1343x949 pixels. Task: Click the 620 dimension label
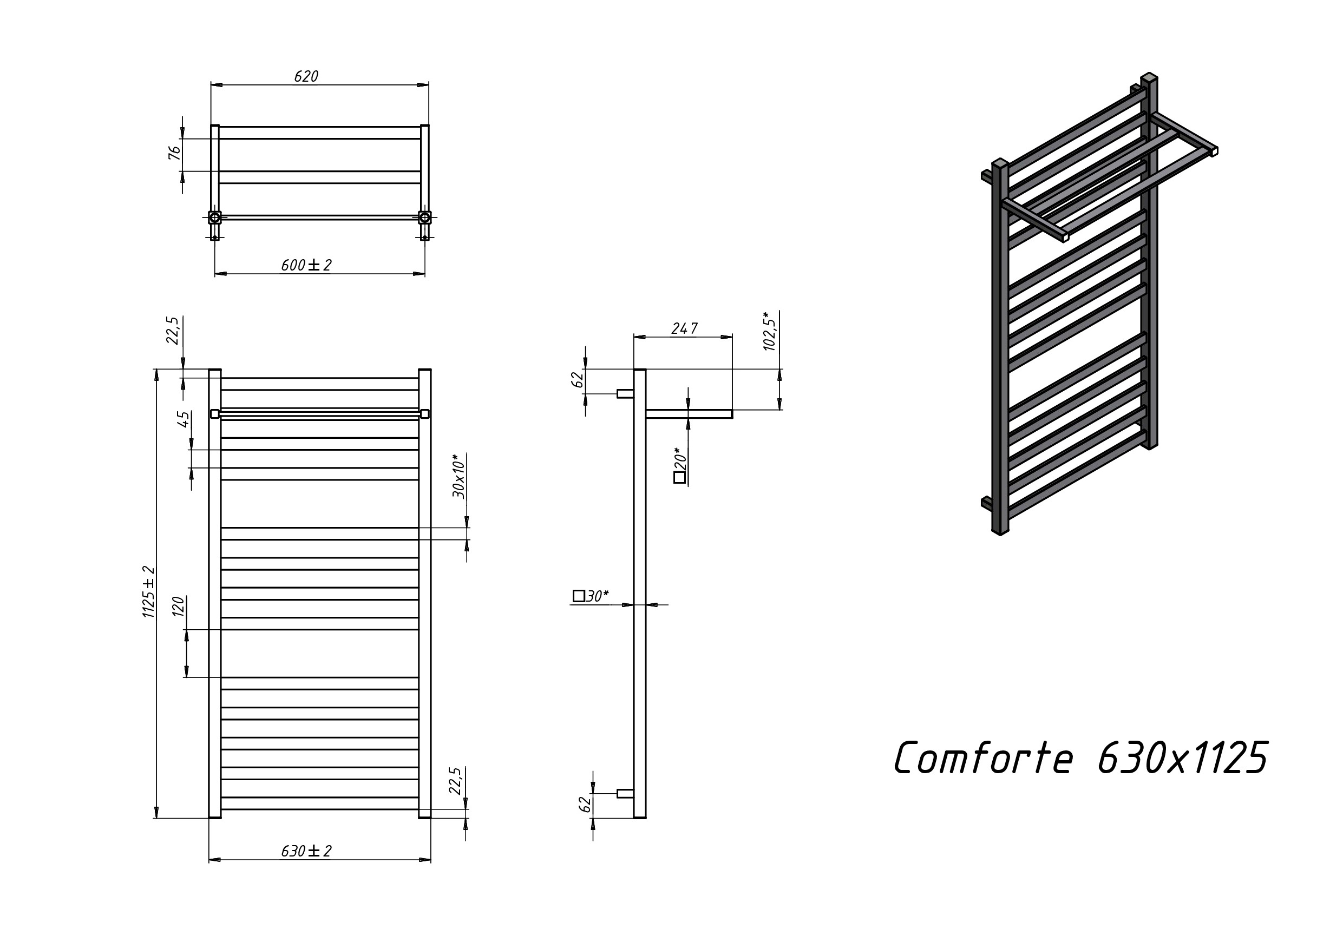(306, 77)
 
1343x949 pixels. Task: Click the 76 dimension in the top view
(175, 153)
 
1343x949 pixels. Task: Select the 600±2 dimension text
(306, 266)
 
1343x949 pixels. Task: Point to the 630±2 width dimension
(306, 852)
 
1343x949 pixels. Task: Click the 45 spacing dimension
(184, 419)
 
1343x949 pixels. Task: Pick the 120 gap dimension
(179, 607)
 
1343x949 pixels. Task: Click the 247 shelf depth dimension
(684, 328)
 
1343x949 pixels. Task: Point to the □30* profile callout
(591, 596)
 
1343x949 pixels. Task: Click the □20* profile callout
(680, 465)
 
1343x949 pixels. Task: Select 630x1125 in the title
(1183, 758)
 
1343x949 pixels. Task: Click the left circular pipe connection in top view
(215, 218)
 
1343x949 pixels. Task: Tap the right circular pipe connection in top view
(424, 218)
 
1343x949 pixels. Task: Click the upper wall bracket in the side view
(625, 393)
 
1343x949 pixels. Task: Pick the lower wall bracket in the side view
(625, 794)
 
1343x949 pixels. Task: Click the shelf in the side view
(689, 414)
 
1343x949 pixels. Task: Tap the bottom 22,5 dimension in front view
(456, 781)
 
